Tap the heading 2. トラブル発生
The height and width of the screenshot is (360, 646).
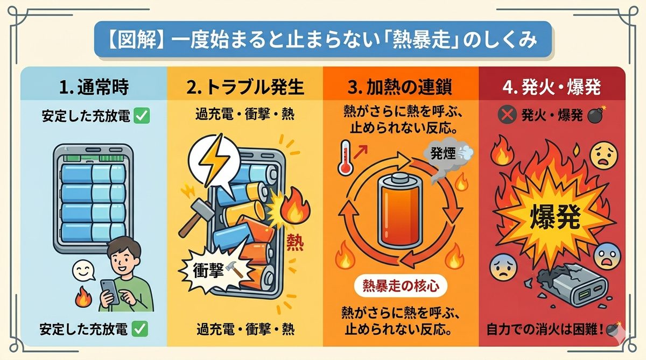245,88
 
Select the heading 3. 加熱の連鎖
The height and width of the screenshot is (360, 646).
399,88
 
